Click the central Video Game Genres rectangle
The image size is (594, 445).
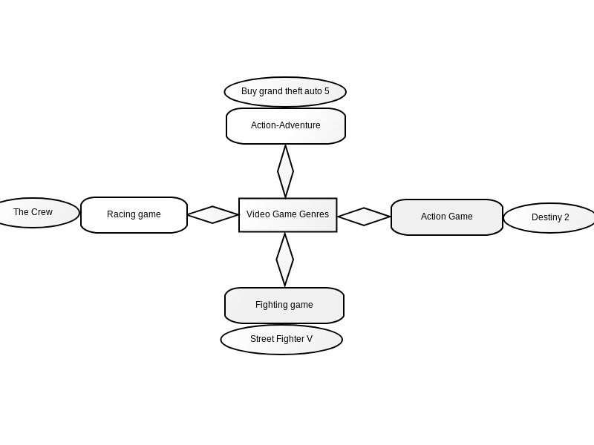point(288,215)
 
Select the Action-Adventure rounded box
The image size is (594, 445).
point(286,126)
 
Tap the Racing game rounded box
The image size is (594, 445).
point(134,215)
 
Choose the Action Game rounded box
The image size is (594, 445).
point(447,217)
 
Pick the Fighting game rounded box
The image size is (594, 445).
point(284,306)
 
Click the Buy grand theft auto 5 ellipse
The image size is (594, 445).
point(285,92)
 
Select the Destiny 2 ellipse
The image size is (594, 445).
point(549,218)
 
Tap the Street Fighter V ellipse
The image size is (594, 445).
point(281,340)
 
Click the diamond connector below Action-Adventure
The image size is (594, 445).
point(285,171)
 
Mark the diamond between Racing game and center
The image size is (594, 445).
point(213,214)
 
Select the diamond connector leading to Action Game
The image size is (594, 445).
point(364,217)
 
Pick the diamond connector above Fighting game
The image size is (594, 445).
point(285,260)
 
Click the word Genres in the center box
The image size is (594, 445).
point(313,214)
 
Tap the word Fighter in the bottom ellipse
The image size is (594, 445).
point(290,339)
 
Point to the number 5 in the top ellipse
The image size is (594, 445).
point(327,91)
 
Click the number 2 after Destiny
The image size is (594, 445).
point(567,217)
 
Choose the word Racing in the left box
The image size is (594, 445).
point(119,214)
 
